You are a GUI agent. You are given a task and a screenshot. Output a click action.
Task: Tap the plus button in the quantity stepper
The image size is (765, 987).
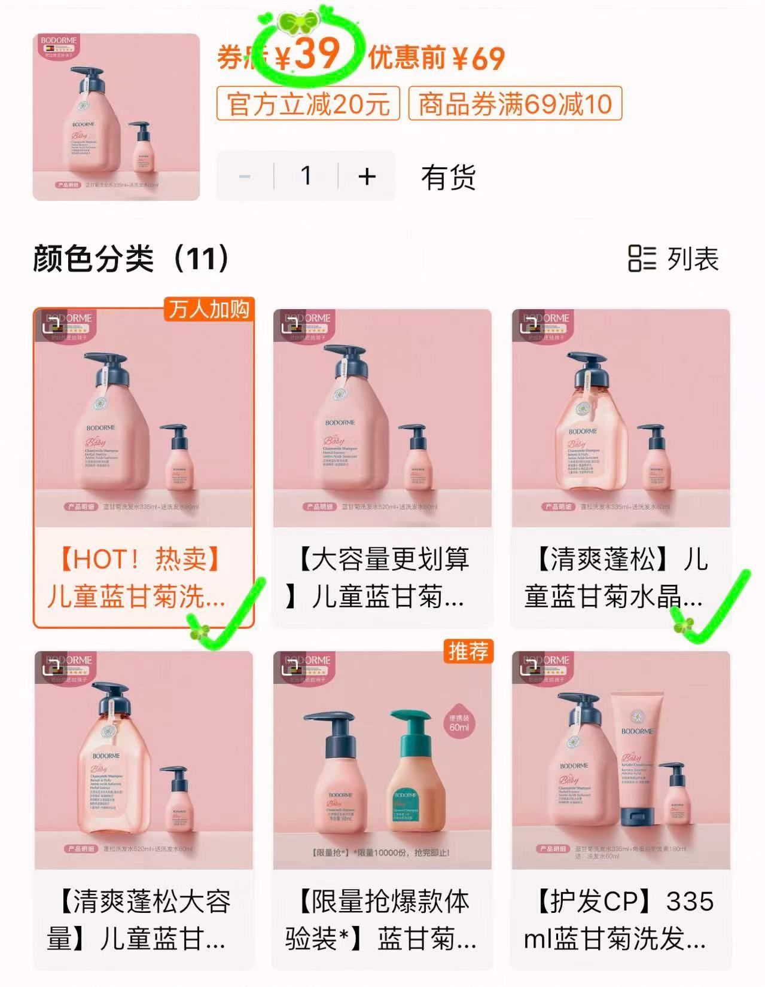(x=367, y=176)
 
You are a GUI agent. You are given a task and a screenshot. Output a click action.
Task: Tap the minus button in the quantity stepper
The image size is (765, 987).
(x=244, y=176)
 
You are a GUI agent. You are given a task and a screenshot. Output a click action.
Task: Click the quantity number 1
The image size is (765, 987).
(x=306, y=176)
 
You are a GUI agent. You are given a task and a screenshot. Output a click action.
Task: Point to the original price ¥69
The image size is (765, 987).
(x=478, y=58)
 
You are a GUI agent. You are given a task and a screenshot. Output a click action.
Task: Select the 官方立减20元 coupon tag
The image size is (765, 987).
(x=308, y=104)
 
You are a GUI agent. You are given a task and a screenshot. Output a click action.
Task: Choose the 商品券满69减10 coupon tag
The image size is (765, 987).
(x=515, y=104)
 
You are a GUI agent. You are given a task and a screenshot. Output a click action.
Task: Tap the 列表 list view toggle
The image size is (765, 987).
(x=673, y=259)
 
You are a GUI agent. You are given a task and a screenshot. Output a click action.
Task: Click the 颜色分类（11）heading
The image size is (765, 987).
(x=132, y=259)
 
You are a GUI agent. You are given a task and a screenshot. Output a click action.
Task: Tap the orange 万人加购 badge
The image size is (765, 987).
(x=209, y=309)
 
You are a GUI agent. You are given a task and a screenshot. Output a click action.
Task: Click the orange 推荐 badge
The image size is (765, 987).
(x=468, y=651)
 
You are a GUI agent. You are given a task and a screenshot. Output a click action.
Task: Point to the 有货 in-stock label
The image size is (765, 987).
(x=449, y=178)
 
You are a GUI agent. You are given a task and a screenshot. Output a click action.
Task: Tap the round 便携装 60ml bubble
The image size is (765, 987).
(x=459, y=723)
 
